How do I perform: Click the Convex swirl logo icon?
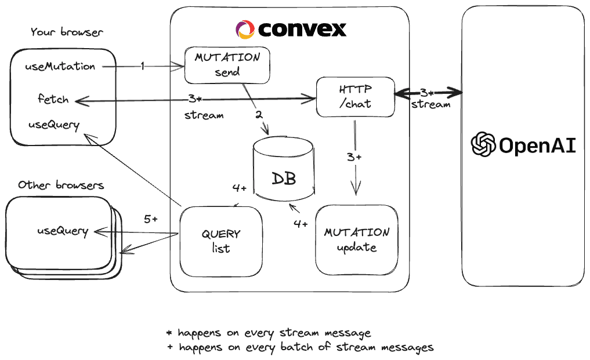point(245,29)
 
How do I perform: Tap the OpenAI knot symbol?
point(483,145)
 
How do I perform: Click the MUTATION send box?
point(227,65)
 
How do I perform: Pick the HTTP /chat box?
point(354,96)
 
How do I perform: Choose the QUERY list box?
point(220,241)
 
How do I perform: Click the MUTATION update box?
point(356,239)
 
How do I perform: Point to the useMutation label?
point(60,66)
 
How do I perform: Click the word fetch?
point(53,99)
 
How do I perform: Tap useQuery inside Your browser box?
point(53,124)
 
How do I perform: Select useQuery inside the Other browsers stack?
point(63,231)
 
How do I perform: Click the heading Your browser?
point(66,32)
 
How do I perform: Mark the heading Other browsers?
point(61,186)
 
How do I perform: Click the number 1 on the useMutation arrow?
point(142,67)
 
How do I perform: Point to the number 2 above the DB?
point(259,114)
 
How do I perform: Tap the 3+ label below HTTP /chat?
point(354,157)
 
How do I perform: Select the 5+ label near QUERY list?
point(151,219)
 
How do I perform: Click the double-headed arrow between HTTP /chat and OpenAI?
point(428,93)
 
